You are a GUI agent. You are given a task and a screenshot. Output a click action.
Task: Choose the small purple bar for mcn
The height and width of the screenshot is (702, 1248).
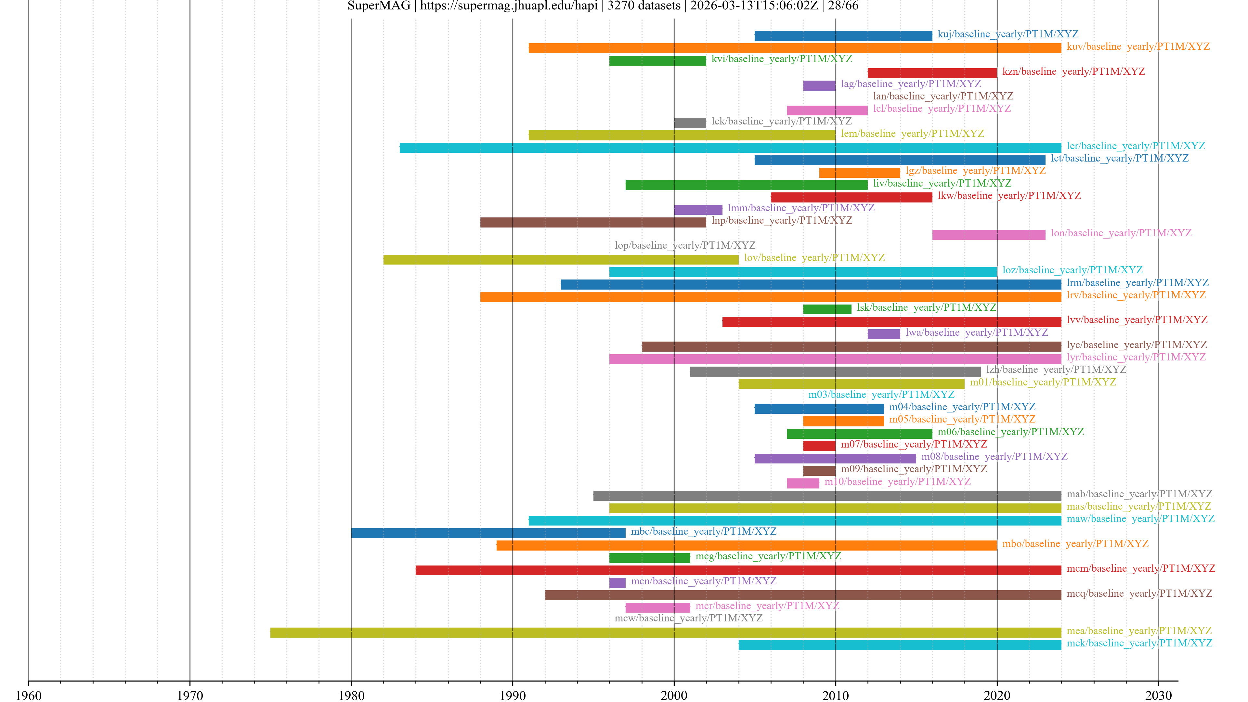617,583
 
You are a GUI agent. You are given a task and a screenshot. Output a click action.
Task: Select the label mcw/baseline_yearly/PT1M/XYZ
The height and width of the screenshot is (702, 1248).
688,618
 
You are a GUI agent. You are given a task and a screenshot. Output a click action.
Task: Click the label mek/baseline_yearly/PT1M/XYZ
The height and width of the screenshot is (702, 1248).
1139,643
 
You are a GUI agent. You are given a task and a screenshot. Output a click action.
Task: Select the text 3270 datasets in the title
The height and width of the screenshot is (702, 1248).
643,6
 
